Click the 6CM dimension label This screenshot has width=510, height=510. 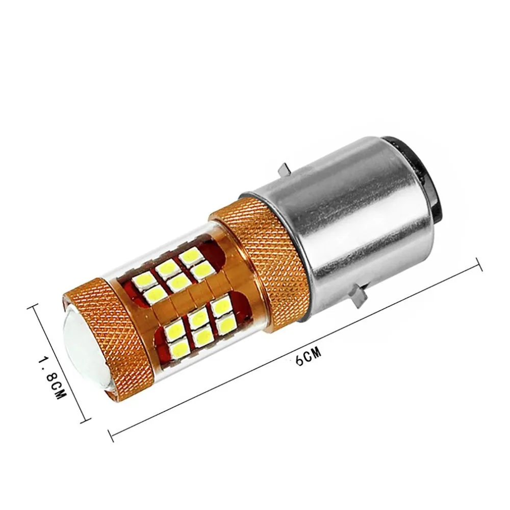pyautogui.click(x=309, y=356)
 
